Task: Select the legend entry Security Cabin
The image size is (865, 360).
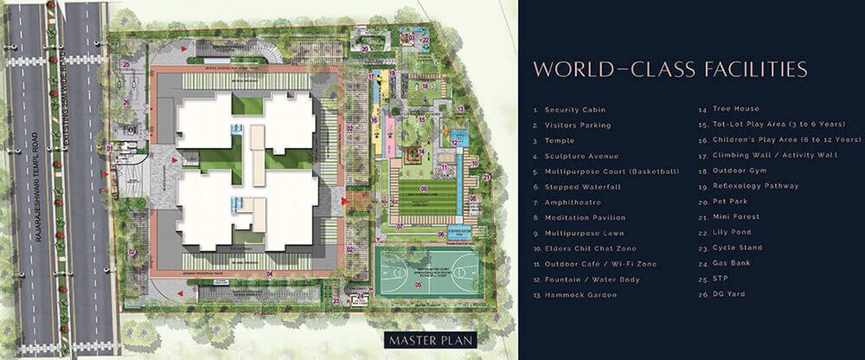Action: click(x=574, y=110)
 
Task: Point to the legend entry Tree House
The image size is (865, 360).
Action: click(x=736, y=110)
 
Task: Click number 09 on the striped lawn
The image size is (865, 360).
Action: click(x=424, y=188)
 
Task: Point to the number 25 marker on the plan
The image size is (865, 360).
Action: click(x=126, y=63)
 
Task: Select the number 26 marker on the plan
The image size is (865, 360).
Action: click(x=126, y=102)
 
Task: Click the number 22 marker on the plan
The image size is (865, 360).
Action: click(x=425, y=39)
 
